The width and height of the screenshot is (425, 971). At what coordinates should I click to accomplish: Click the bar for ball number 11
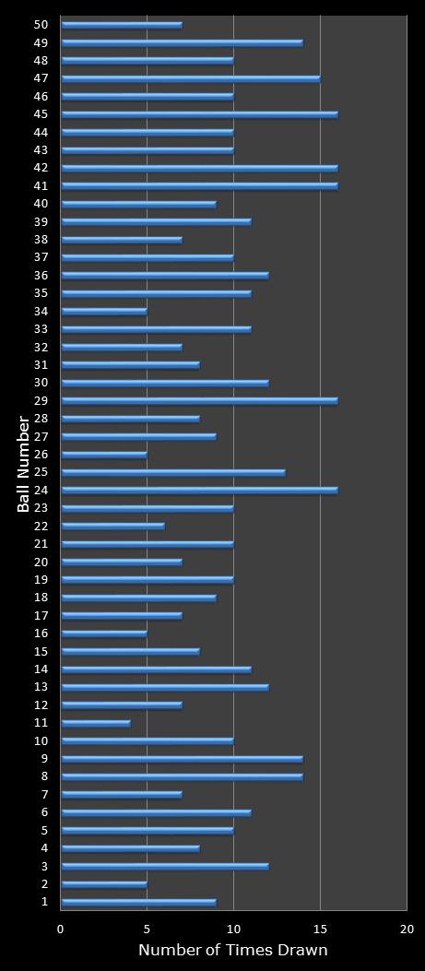(96, 723)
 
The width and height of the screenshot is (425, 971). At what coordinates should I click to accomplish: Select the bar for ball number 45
(199, 114)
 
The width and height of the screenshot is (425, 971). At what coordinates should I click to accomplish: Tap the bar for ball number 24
(199, 491)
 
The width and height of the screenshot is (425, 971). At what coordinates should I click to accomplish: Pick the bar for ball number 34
(104, 312)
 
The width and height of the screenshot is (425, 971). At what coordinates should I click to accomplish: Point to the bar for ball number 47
(191, 78)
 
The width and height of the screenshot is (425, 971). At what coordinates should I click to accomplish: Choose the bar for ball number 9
(182, 759)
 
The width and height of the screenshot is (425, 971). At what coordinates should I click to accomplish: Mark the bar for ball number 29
(199, 401)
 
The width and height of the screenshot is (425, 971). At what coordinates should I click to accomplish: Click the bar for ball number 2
(104, 884)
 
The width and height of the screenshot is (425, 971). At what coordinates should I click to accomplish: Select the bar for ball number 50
(122, 25)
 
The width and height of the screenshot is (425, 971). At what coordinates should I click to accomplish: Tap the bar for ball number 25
(173, 472)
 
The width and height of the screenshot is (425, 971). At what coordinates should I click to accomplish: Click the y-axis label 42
(41, 168)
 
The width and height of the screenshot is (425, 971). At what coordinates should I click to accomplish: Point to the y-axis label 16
(41, 634)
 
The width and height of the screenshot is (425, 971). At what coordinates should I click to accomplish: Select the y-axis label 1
(44, 902)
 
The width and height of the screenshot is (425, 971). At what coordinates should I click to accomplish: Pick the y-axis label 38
(41, 240)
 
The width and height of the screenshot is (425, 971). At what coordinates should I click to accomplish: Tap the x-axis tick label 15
(320, 930)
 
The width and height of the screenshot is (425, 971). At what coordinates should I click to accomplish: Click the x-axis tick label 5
(148, 930)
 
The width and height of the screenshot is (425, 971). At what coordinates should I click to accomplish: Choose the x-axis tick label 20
(406, 930)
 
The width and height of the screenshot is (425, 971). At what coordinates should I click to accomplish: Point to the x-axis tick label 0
(61, 930)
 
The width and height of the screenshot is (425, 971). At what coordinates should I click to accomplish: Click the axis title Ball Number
(23, 463)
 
